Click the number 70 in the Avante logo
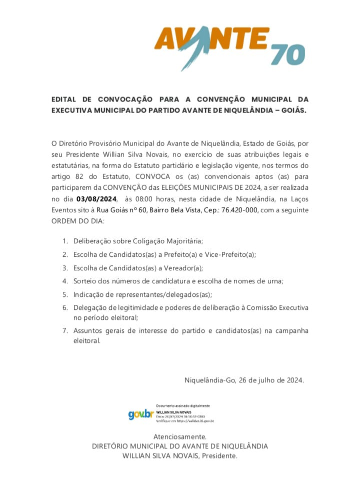pos(288,55)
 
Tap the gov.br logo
pos(140,414)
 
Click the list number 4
pos(65,281)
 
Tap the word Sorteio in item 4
pos(85,281)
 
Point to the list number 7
pos(65,331)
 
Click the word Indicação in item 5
pos(88,295)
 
